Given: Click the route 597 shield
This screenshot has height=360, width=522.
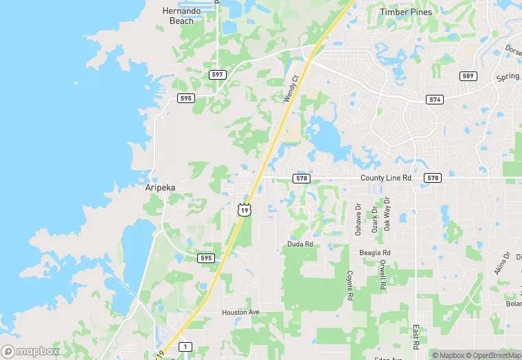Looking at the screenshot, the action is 218,74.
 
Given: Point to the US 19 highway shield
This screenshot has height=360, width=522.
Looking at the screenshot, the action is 245,210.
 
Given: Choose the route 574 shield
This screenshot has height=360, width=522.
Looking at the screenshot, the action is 433,100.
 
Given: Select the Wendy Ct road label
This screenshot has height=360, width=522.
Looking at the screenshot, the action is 292,90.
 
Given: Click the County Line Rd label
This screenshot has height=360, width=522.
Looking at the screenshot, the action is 386,178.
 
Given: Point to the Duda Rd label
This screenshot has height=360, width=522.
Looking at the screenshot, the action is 300,244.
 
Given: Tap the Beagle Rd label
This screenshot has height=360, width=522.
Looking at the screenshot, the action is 375,253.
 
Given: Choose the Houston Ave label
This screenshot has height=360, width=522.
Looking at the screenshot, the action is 240,313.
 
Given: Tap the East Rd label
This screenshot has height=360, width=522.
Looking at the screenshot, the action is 416,337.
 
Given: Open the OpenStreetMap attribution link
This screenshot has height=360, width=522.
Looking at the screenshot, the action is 493,355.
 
